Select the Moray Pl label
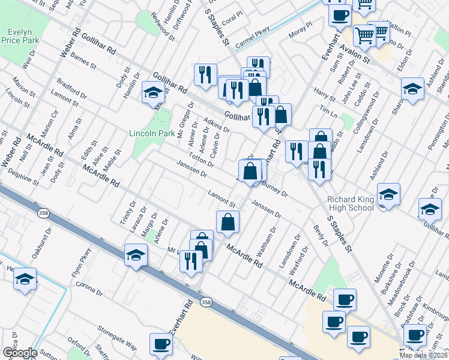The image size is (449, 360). (301, 29)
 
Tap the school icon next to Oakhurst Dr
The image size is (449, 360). (25, 280)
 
